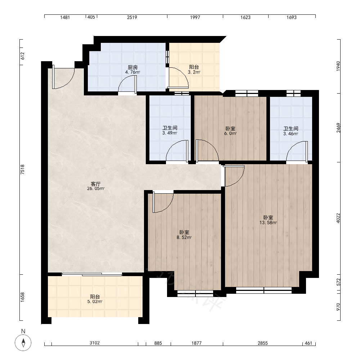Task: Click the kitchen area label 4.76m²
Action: tap(132, 72)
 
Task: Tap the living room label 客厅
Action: tap(96, 184)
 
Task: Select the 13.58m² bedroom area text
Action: tap(268, 222)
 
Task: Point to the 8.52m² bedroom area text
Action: tap(184, 237)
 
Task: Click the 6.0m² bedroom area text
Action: tap(230, 134)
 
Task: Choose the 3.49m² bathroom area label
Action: tap(170, 133)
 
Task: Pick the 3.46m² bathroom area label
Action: tap(291, 134)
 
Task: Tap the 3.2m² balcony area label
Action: tap(194, 72)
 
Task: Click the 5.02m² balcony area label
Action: tap(95, 301)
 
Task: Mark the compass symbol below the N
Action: tap(23, 343)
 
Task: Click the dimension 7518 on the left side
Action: tap(22, 170)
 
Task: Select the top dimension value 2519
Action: tap(132, 17)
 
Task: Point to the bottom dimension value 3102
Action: tap(95, 343)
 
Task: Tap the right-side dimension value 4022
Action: tap(338, 218)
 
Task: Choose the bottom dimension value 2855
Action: tap(263, 343)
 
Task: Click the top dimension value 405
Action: tap(91, 17)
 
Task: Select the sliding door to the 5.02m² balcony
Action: tap(92, 274)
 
